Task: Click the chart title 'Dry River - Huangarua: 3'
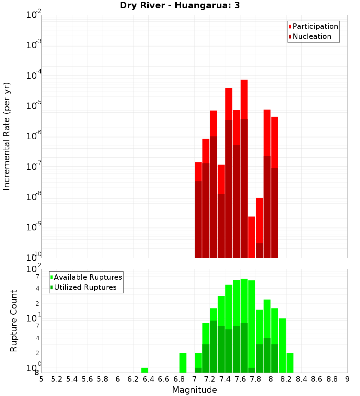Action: click(180, 6)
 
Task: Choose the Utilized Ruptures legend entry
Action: click(85, 287)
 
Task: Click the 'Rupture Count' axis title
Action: click(14, 321)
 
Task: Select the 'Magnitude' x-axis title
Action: click(194, 390)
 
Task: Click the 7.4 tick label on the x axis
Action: click(225, 379)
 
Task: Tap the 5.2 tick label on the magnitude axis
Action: click(57, 379)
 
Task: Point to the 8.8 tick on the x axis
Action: click(332, 379)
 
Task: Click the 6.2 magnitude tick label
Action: click(133, 379)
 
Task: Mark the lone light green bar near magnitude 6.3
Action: click(145, 370)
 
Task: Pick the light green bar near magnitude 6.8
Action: click(183, 363)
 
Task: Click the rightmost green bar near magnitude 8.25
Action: click(290, 363)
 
